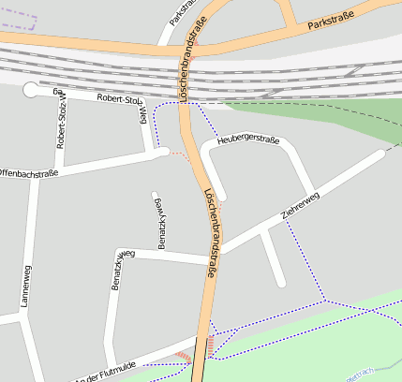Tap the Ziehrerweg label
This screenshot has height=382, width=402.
pyautogui.click(x=300, y=207)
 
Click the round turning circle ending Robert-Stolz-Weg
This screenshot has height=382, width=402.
pyautogui.click(x=32, y=91)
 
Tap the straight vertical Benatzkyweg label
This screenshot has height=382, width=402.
pyautogui.click(x=159, y=220)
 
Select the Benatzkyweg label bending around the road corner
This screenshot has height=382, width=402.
pyautogui.click(x=119, y=270)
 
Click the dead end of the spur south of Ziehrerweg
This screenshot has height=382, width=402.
pyautogui.click(x=279, y=281)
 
